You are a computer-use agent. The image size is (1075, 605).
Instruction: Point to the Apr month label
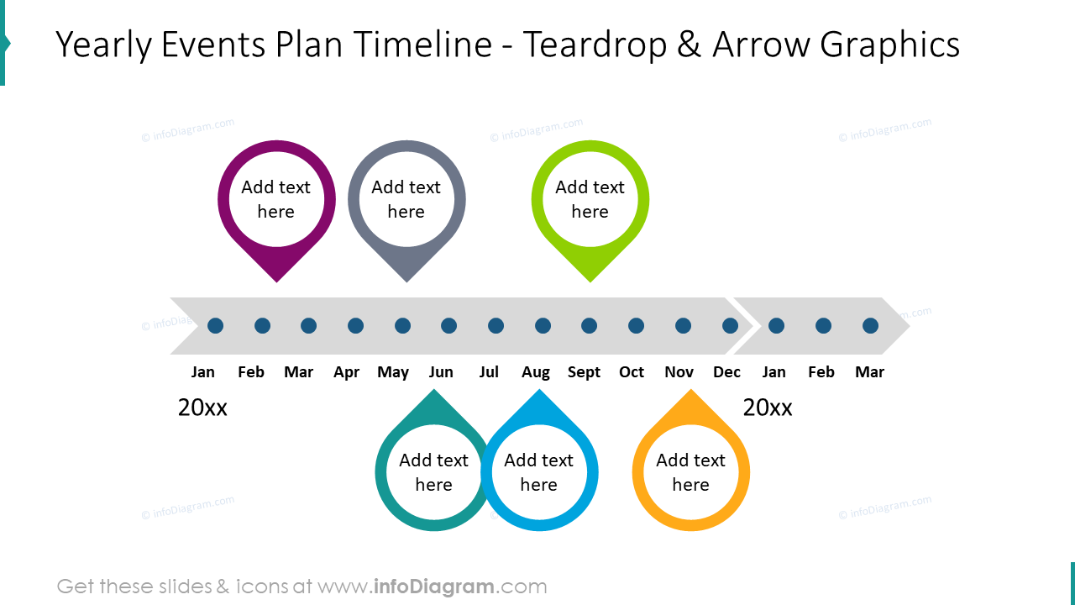(346, 372)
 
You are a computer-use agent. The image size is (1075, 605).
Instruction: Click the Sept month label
(584, 372)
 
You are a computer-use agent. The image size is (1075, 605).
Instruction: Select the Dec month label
(726, 372)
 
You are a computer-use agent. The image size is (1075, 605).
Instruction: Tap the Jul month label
(489, 372)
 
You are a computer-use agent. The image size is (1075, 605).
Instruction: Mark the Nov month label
(679, 372)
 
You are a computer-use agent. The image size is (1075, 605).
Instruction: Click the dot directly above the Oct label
(636, 325)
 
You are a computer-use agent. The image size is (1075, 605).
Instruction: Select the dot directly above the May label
(402, 325)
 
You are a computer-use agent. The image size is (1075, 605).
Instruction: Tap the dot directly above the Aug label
(543, 325)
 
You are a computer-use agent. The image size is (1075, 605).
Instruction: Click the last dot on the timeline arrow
(870, 325)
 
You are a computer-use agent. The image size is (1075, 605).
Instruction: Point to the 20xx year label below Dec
(768, 408)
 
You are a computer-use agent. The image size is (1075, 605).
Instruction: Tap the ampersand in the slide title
(688, 45)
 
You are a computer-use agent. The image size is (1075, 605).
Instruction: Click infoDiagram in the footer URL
(433, 587)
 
